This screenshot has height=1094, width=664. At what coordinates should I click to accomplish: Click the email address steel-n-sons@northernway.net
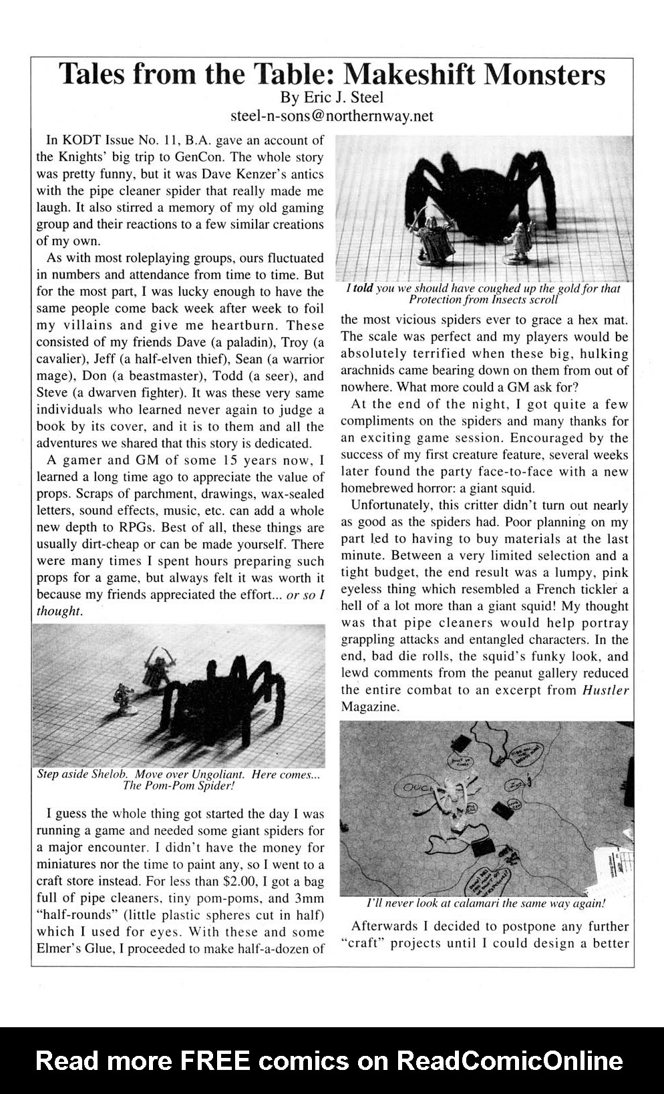click(x=331, y=116)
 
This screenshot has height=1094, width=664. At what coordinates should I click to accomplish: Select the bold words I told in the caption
click(x=360, y=289)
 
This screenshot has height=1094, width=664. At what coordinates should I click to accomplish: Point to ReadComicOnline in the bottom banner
click(x=510, y=1060)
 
